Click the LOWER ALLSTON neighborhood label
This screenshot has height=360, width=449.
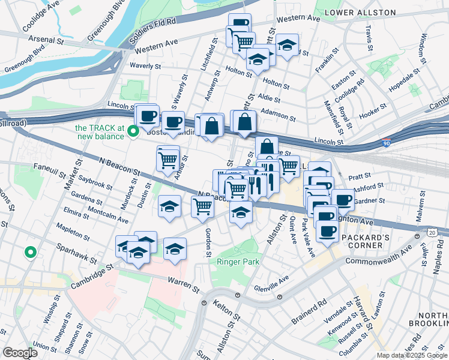coord(360,13)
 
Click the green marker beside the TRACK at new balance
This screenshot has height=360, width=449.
coord(134,132)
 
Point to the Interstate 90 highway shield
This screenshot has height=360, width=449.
coord(386,144)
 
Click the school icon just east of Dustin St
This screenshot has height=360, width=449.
coord(170,207)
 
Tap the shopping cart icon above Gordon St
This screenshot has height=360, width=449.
coord(203,207)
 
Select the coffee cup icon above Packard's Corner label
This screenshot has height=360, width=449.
coord(328,231)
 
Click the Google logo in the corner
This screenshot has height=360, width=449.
coord(20,353)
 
